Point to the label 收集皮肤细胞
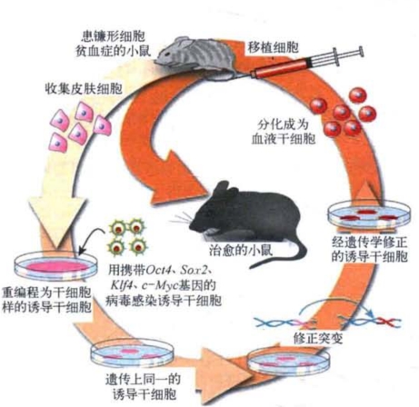[x=84, y=89]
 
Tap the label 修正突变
[x=318, y=338]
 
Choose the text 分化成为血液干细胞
[x=284, y=132]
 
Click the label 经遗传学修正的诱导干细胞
[x=369, y=249]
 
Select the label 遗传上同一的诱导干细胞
[x=144, y=387]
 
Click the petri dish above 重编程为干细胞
[x=56, y=265]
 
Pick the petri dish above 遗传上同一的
[x=133, y=354]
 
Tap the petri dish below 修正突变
[x=288, y=362]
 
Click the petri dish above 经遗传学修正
[x=369, y=216]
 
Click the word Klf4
[x=121, y=284]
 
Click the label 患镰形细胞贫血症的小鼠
[x=114, y=44]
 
